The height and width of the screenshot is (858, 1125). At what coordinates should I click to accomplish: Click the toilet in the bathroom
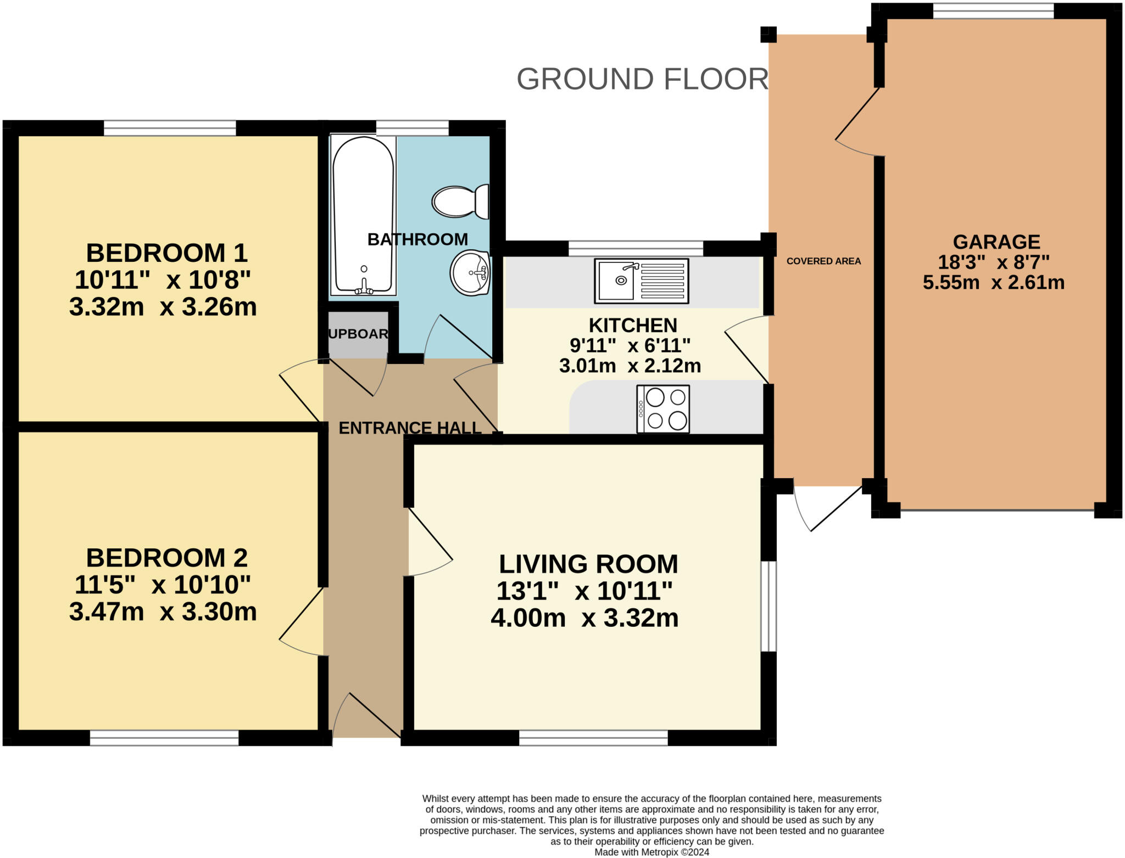460,201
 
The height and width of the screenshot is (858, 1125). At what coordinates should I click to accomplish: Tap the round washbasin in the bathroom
470,272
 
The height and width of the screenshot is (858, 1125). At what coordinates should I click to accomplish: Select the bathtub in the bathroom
363,215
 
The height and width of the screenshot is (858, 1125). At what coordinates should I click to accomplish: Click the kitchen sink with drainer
642,281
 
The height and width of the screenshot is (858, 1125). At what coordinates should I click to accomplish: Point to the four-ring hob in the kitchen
663,409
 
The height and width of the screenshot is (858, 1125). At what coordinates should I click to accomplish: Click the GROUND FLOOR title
642,79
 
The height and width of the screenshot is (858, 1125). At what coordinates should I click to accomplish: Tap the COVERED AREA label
823,261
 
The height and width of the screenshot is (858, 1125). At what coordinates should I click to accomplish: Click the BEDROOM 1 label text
167,253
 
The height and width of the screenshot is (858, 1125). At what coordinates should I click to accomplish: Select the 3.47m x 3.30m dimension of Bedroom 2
163,612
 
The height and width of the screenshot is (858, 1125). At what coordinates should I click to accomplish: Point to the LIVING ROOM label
588,564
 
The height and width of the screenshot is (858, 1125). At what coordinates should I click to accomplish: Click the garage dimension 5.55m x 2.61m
994,282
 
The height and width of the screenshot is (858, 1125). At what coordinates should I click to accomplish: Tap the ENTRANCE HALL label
410,428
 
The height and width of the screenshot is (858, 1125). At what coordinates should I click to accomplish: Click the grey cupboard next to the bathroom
358,334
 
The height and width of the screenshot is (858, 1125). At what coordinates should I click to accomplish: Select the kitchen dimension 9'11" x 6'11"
630,345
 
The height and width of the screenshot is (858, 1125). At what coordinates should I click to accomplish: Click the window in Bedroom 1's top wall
170,128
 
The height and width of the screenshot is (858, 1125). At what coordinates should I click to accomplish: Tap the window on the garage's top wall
993,10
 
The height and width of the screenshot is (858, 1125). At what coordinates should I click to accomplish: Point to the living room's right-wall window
768,606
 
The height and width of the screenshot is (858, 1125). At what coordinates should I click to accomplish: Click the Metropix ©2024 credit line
651,853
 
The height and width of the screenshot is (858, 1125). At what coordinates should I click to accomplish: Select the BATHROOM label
417,239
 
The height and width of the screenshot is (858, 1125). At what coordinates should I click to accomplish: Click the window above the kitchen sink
636,248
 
